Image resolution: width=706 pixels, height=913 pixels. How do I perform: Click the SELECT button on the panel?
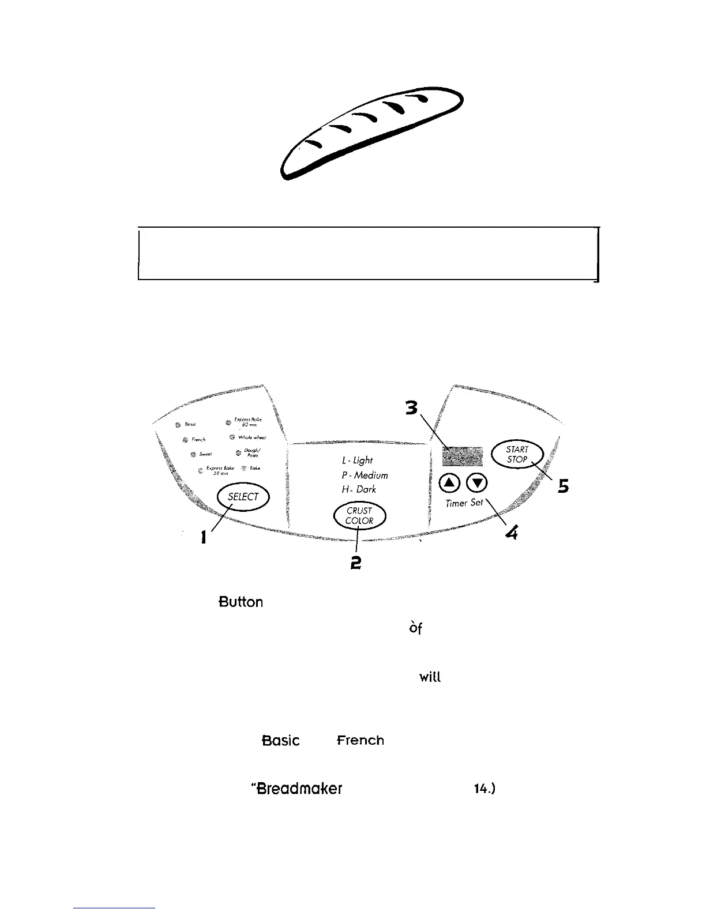(243, 497)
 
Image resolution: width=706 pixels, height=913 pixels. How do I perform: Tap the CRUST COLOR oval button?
(359, 515)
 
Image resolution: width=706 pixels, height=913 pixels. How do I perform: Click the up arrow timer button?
(449, 481)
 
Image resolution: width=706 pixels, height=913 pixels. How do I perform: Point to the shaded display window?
(462, 456)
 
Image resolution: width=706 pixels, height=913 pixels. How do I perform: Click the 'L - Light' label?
(357, 460)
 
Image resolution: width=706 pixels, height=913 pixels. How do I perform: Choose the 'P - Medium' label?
(365, 476)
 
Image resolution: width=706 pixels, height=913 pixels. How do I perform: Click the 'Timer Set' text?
(464, 503)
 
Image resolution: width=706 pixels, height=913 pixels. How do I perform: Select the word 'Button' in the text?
(241, 602)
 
